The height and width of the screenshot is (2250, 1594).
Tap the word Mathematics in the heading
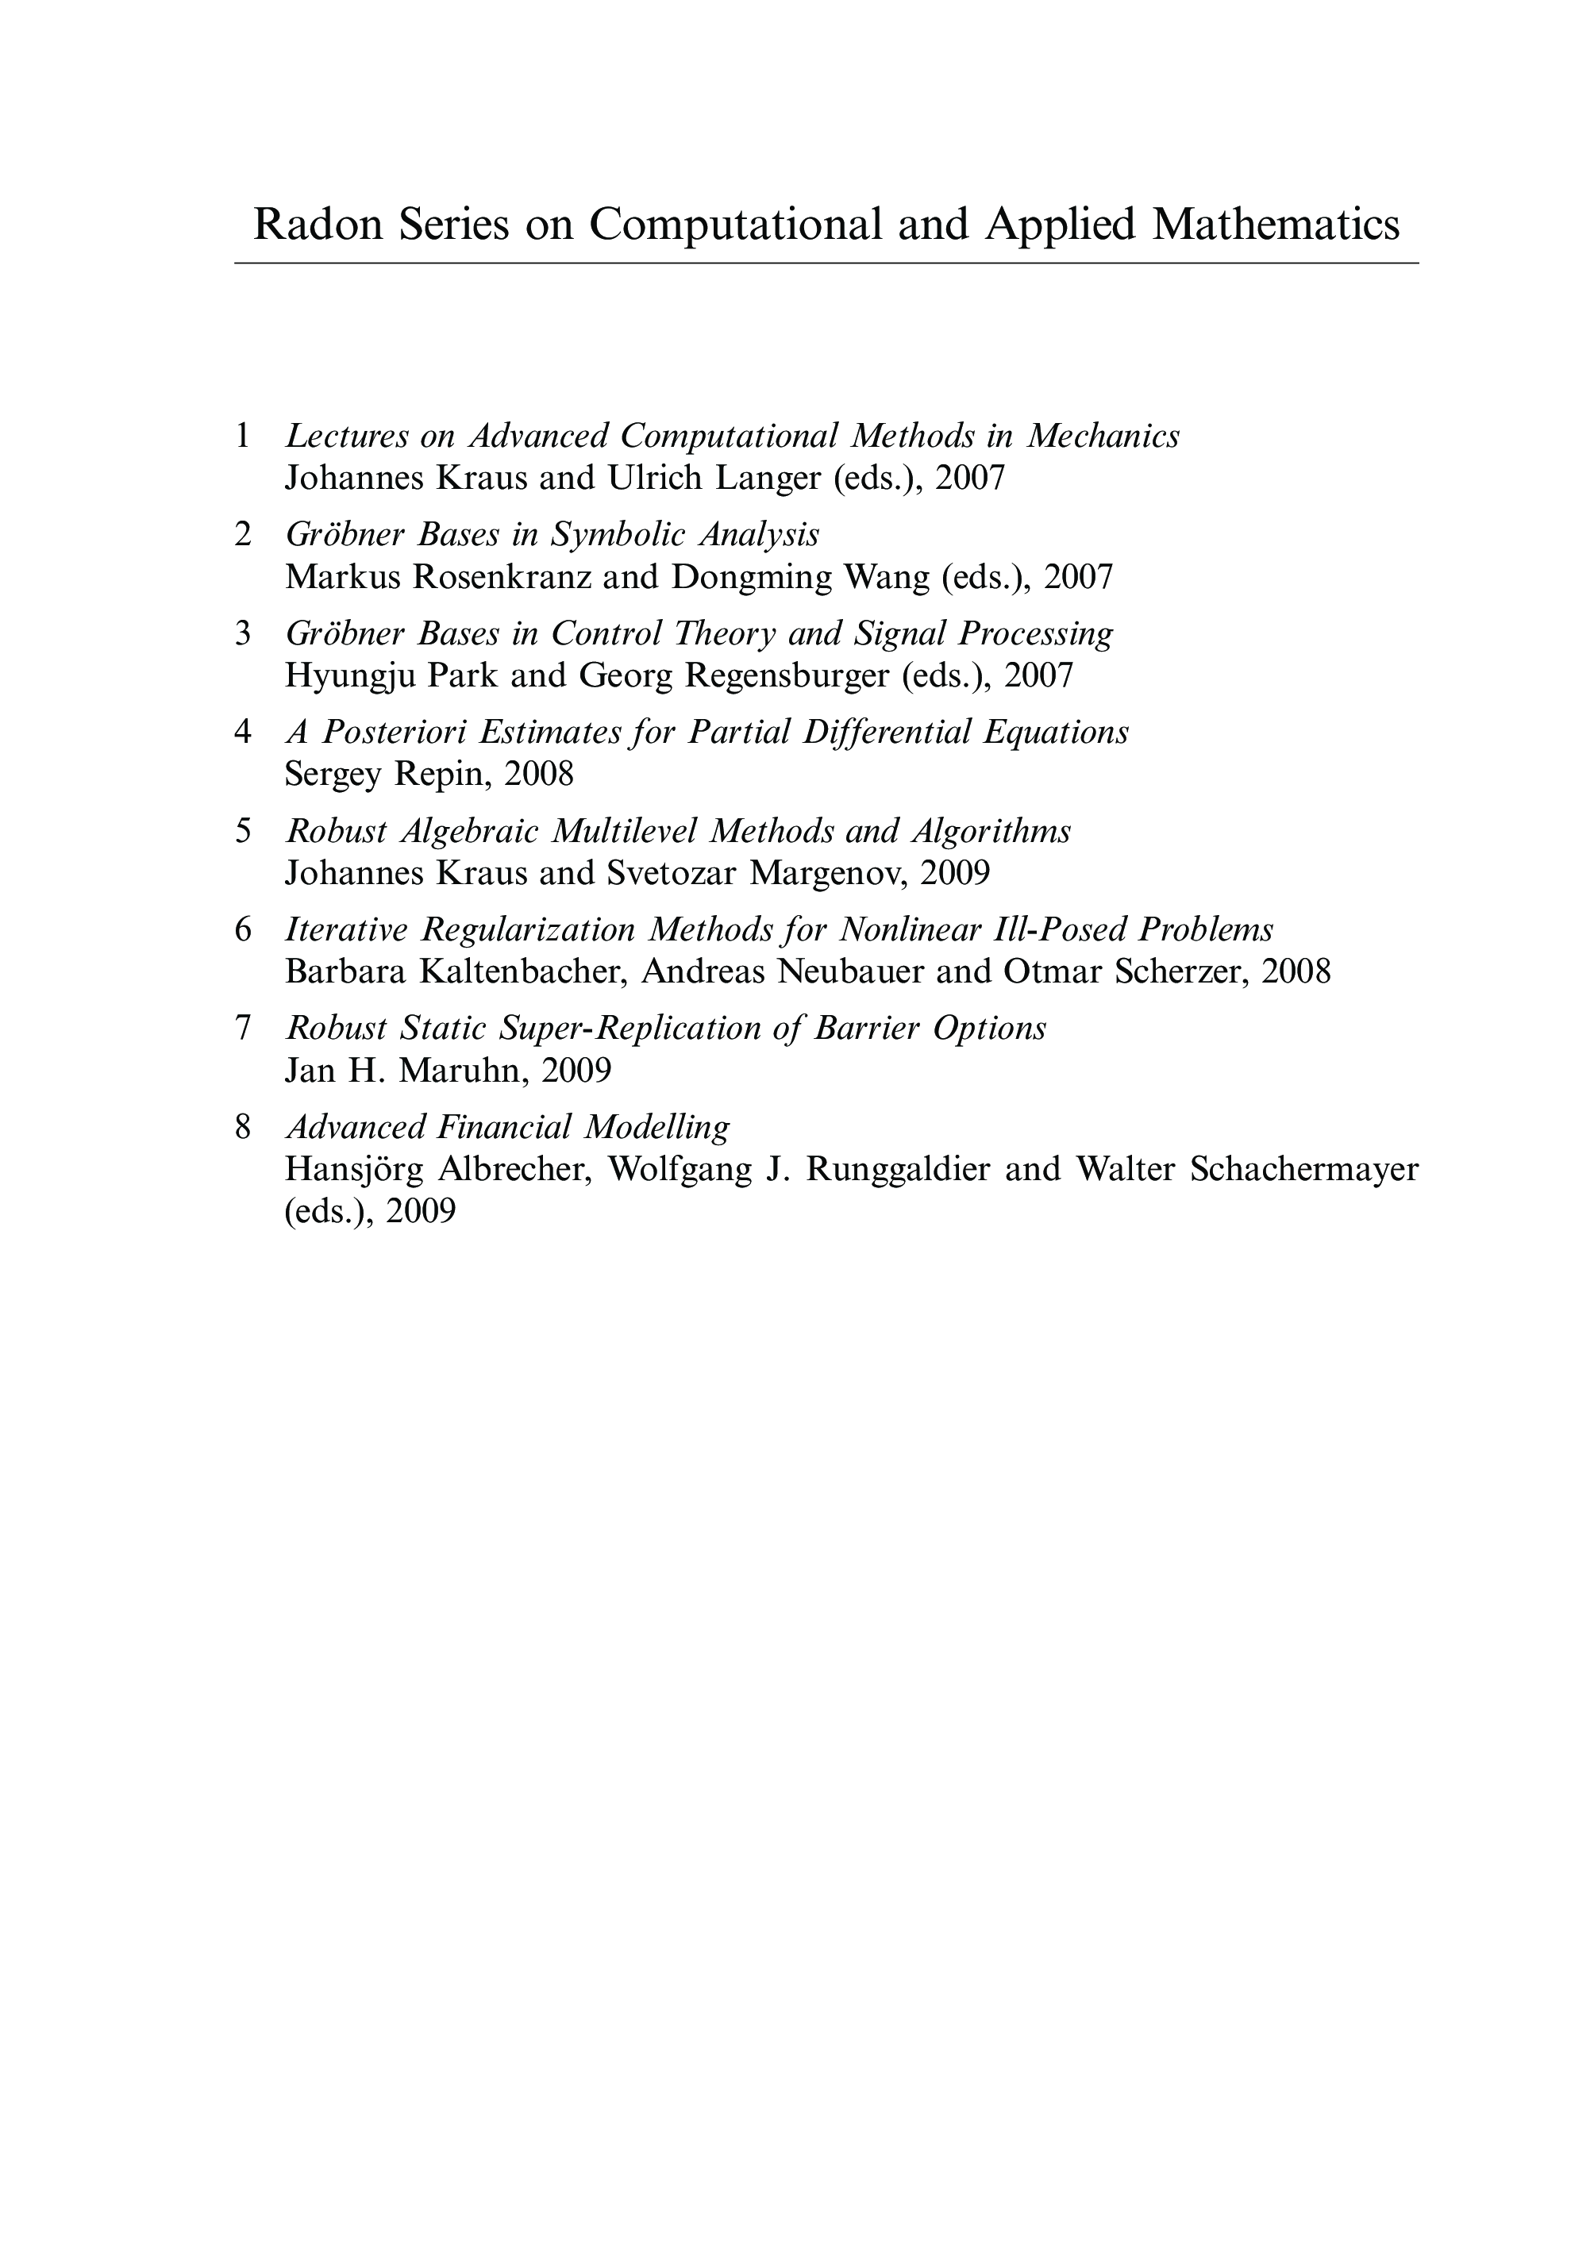1275,225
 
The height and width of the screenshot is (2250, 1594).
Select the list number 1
242,436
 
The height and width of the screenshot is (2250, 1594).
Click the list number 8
242,1126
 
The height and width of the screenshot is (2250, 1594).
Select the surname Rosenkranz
502,577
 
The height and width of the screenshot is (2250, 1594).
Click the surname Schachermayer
1303,1170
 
